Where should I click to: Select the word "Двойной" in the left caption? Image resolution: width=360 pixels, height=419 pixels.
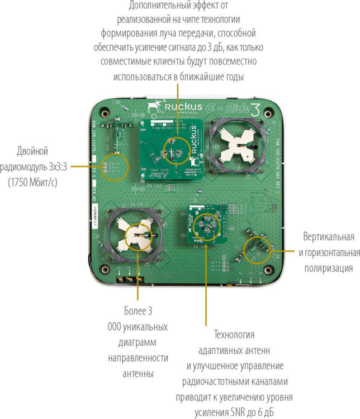tap(32, 151)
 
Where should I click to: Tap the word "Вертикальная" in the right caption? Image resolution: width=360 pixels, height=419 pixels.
tap(329, 237)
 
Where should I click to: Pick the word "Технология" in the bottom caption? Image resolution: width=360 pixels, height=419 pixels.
tap(234, 335)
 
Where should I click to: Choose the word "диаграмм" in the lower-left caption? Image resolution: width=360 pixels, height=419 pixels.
tap(138, 342)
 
